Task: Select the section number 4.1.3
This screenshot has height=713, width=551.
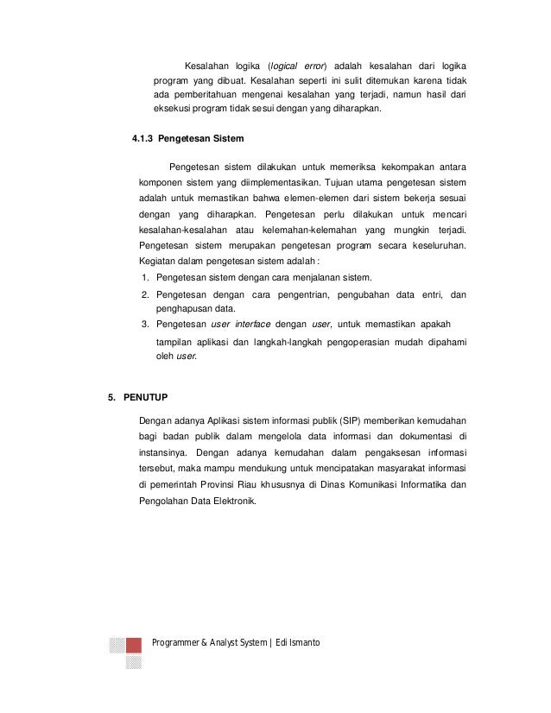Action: click(x=145, y=139)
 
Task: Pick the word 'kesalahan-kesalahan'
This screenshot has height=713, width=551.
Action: click(x=179, y=230)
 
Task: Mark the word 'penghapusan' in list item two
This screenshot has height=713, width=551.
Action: click(x=181, y=308)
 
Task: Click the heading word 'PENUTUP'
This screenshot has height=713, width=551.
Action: click(x=148, y=397)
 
